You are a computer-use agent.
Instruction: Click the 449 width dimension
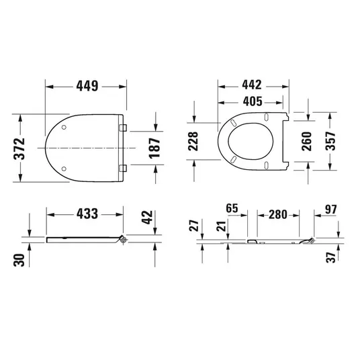click(87, 86)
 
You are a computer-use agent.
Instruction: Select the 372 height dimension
click(19, 148)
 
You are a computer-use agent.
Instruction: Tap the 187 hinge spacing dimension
click(154, 148)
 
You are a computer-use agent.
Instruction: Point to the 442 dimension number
click(252, 85)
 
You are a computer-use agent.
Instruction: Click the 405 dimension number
click(253, 101)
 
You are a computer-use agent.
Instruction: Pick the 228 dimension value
click(193, 141)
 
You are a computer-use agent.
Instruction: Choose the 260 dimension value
click(307, 141)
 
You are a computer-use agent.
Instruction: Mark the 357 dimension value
click(330, 141)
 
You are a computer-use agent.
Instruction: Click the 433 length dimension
click(87, 214)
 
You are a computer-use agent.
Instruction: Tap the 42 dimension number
click(147, 217)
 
